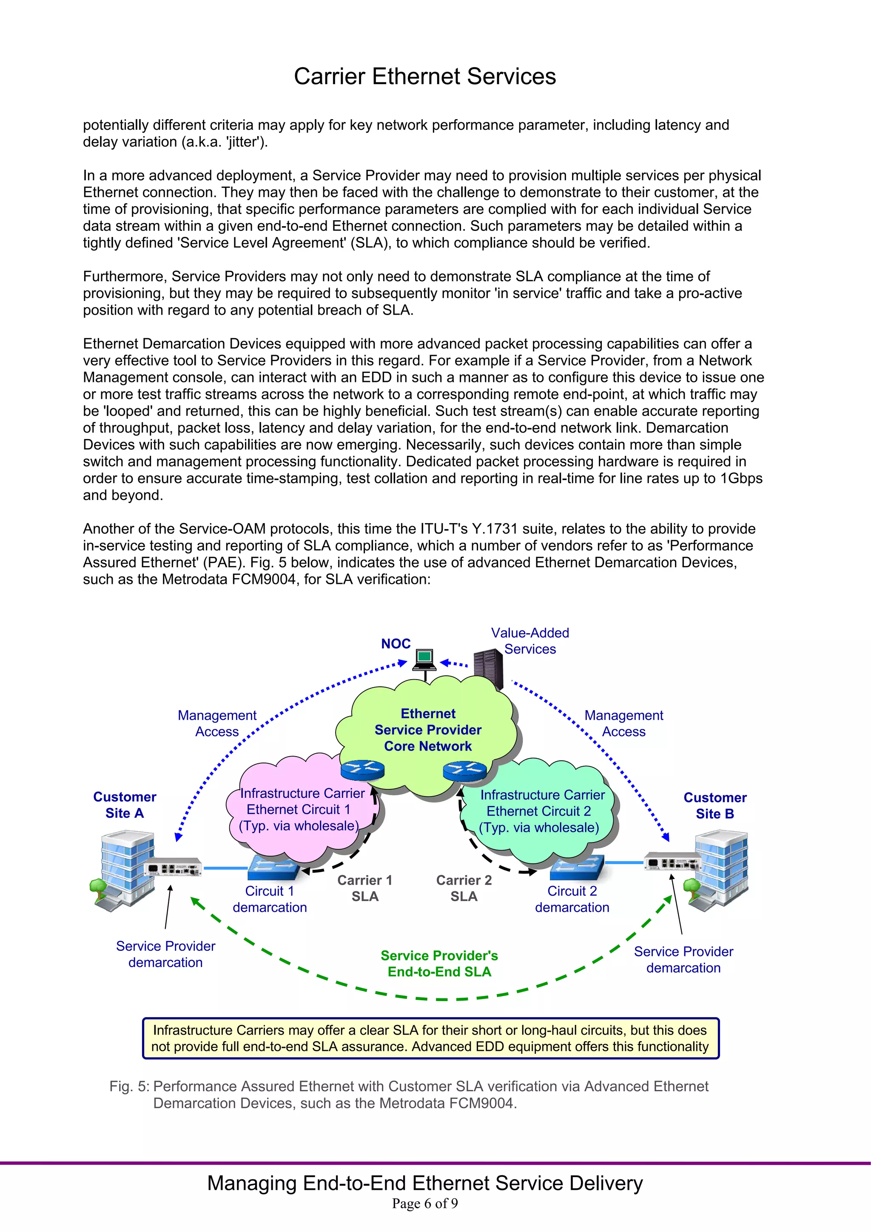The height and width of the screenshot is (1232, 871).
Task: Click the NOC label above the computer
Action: (x=396, y=643)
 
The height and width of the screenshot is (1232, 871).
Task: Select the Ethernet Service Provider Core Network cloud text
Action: (x=428, y=730)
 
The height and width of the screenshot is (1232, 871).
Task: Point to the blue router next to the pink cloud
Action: (x=363, y=770)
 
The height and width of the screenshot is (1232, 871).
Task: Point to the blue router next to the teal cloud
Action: (x=465, y=771)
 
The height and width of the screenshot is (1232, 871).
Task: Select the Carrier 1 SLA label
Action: (x=365, y=888)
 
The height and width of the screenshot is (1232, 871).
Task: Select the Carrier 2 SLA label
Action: (x=464, y=888)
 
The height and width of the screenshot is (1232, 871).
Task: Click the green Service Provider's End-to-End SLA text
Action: (x=439, y=963)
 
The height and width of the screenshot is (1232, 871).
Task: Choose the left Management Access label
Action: (x=217, y=723)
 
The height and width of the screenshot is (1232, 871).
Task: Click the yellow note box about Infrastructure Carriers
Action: (x=430, y=1039)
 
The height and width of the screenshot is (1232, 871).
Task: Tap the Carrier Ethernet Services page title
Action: (x=424, y=76)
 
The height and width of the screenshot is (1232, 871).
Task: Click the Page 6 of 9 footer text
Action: (x=424, y=1204)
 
